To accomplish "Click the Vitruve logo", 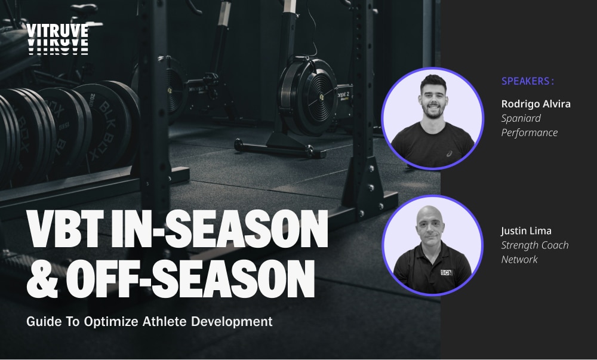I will [x=57, y=39].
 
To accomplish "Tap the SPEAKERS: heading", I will [x=528, y=81].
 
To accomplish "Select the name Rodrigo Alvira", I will [x=536, y=104].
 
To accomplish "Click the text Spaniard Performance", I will [x=529, y=125].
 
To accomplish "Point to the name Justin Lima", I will [x=525, y=230].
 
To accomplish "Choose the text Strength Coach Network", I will [x=534, y=252].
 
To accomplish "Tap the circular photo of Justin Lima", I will [x=432, y=245].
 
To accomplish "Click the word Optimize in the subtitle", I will [x=107, y=322].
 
